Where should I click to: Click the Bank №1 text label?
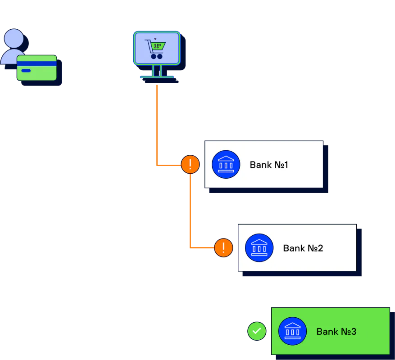[269, 165]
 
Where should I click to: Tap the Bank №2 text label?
[303, 248]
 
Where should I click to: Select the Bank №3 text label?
[336, 332]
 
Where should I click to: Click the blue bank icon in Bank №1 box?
[226, 164]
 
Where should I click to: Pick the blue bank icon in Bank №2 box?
[259, 247]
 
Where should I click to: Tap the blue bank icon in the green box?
[292, 331]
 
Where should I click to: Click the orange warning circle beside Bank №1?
[190, 164]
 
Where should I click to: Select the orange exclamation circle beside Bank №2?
[223, 247]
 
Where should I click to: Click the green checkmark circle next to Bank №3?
[257, 331]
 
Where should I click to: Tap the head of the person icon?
[14, 38]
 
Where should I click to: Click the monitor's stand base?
[157, 77]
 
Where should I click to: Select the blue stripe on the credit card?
[37, 63]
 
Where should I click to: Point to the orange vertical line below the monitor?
[157, 121]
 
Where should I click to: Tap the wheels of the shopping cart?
[156, 56]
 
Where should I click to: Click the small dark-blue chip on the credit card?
[26, 71]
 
